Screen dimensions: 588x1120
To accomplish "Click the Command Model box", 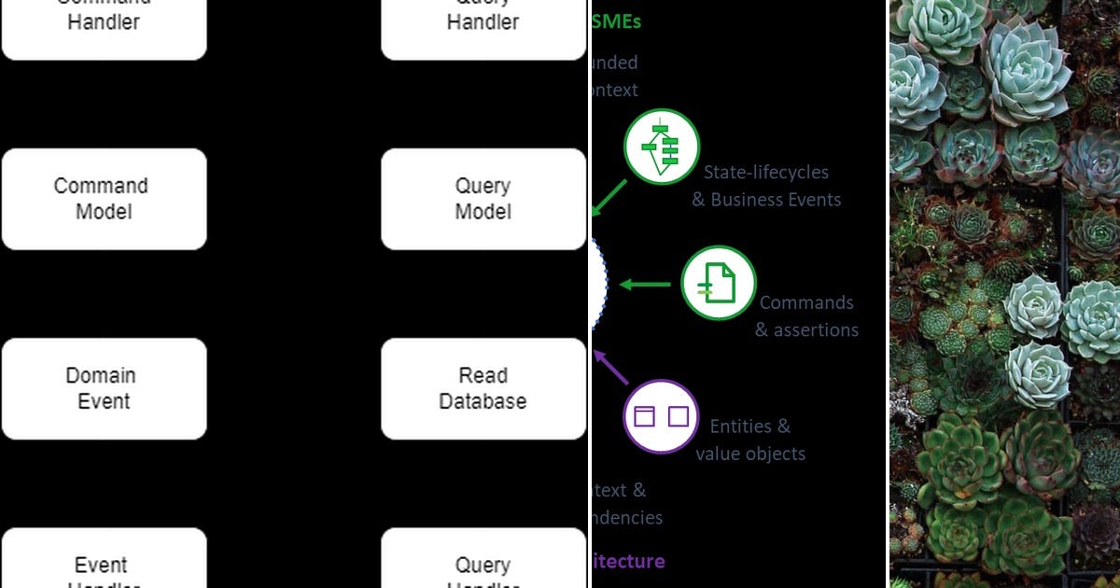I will click(104, 199).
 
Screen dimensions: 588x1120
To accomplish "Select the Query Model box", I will click(483, 199).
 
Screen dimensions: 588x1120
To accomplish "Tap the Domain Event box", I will click(104, 388).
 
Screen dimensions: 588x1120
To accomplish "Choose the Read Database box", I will click(483, 388).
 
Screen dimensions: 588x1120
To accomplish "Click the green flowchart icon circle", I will click(662, 147).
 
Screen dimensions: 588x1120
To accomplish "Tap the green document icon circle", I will click(718, 283).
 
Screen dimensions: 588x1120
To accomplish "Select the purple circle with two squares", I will click(661, 416).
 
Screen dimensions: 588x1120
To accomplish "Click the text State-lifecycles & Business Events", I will click(766, 186).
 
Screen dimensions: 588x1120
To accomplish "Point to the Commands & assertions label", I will click(806, 316).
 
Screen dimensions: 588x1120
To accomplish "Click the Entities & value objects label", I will click(750, 440).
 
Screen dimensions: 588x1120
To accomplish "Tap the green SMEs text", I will click(617, 21).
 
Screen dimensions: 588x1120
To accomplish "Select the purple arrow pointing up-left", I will click(611, 367).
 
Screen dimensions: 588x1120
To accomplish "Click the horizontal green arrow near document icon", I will click(646, 284).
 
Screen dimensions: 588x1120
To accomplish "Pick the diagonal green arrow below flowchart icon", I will click(609, 197).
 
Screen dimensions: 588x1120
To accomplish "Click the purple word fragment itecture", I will click(628, 561).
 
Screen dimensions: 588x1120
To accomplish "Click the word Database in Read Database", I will click(483, 401).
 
